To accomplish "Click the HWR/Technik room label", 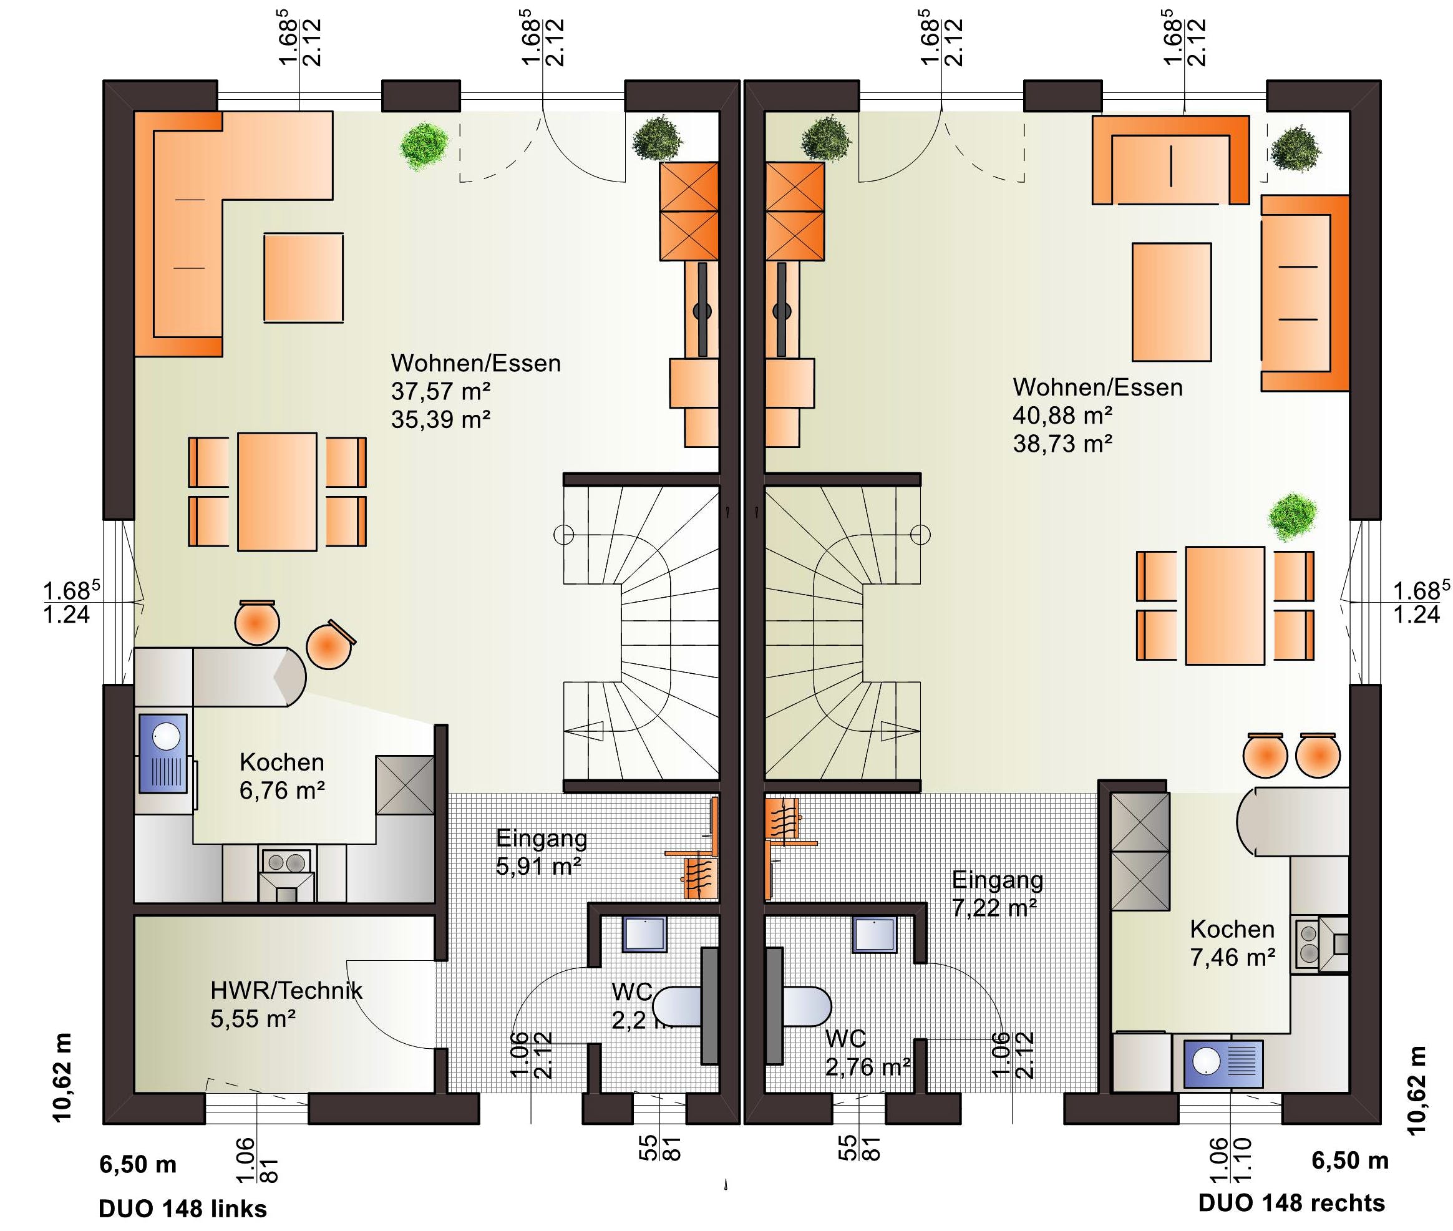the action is (286, 991).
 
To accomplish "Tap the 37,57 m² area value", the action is (440, 391).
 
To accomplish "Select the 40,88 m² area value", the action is (1062, 415).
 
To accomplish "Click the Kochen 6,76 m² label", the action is (282, 776).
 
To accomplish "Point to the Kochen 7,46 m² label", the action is (1233, 943).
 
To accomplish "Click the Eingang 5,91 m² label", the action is (541, 852).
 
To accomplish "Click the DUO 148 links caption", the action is (183, 1208).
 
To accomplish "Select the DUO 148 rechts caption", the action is (1291, 1202).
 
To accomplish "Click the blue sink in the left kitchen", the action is (163, 753).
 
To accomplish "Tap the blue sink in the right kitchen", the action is (1223, 1064).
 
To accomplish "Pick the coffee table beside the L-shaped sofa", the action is (303, 277).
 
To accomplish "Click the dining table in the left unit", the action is (277, 492).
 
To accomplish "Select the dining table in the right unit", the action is (1225, 605).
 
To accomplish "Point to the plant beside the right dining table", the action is (1293, 517).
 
